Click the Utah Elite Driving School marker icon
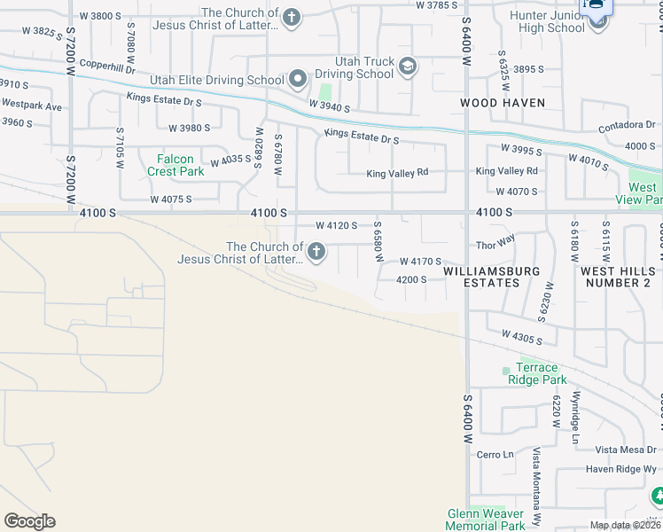298,80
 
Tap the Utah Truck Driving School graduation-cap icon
407,66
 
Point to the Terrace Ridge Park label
537,373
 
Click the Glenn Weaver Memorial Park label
485,519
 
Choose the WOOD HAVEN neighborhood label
503,103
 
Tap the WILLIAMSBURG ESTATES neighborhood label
493,276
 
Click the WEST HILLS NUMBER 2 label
616,276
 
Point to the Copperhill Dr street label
106,66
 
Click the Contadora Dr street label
626,127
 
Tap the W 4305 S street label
521,337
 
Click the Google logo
29,521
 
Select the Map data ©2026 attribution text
624,525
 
